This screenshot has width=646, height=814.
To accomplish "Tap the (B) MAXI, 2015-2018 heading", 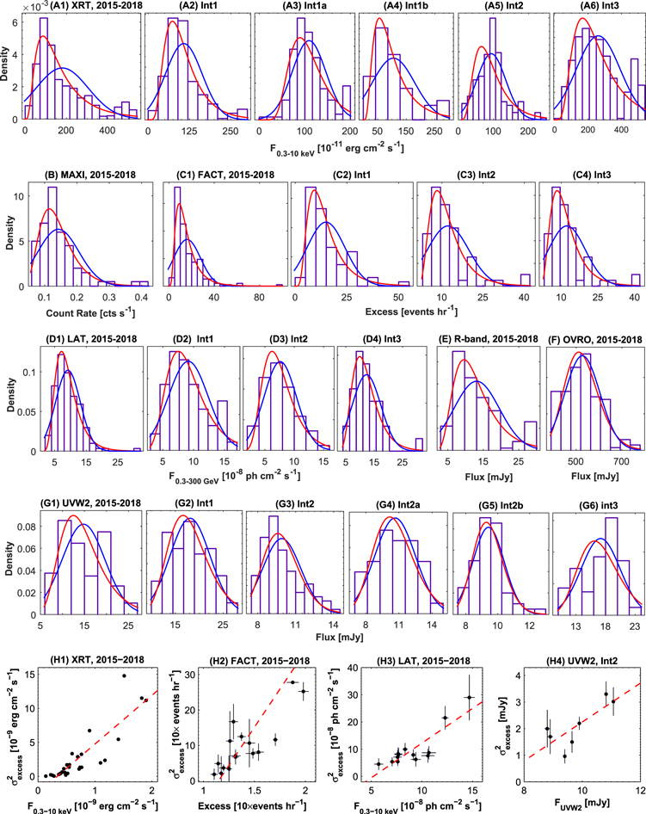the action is (91, 175).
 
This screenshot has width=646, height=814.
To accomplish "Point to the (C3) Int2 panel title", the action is (476, 175).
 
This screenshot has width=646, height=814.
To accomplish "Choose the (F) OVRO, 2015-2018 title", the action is (595, 340).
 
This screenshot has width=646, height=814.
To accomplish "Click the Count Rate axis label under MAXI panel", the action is (90, 313).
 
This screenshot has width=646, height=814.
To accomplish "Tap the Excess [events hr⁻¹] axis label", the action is (411, 311).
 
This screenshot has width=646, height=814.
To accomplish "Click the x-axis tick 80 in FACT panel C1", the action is (259, 298).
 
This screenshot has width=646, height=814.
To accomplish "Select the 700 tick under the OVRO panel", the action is (622, 461).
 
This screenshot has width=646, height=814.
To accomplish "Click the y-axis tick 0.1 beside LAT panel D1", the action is (31, 372).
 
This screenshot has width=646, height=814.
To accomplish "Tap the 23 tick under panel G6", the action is (635, 626).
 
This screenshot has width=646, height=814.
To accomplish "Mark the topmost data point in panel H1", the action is (124, 676).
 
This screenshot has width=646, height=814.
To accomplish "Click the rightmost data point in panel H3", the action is (469, 697).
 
